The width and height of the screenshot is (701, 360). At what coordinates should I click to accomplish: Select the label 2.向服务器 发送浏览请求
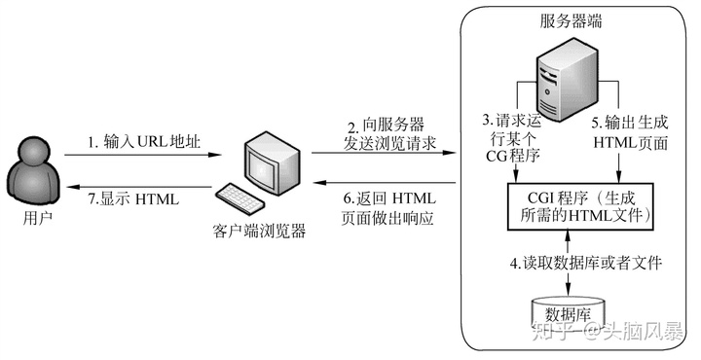387,136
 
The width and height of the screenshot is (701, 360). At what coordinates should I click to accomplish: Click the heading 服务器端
570,21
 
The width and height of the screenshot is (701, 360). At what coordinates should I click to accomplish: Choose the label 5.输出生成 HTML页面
631,133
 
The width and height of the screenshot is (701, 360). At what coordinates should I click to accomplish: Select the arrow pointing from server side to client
387,185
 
